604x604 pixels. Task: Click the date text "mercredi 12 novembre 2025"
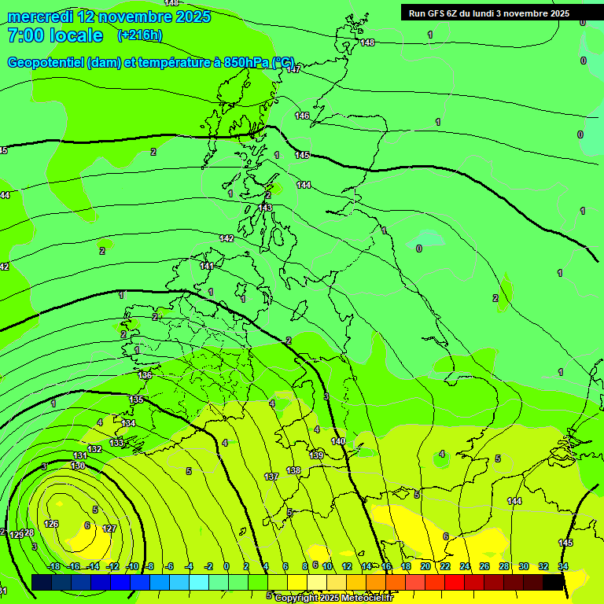click(x=109, y=17)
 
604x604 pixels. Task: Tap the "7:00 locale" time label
click(x=55, y=35)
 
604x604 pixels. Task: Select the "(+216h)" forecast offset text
click(x=139, y=35)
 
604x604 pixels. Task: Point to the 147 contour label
click(x=293, y=69)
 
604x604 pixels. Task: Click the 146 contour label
click(x=302, y=116)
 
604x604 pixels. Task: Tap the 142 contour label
click(x=227, y=238)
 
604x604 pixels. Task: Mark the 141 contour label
click(x=207, y=267)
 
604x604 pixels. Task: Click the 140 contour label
click(x=338, y=441)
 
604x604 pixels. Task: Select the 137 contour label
click(x=271, y=477)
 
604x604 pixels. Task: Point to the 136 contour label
click(x=145, y=376)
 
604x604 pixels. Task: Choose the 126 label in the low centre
click(x=51, y=524)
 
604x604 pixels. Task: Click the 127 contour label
click(x=110, y=529)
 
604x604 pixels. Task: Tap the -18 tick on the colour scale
click(x=53, y=567)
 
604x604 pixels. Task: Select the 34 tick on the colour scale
click(x=563, y=567)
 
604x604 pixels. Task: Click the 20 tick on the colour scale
click(x=425, y=567)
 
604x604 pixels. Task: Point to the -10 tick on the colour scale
click(x=133, y=567)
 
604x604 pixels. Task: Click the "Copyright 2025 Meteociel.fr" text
click(x=333, y=598)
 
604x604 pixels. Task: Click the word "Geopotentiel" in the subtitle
click(x=46, y=62)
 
